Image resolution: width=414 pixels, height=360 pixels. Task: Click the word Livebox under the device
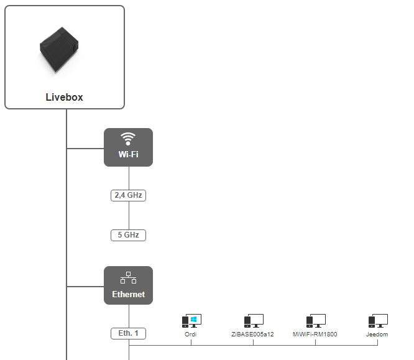coord(64,97)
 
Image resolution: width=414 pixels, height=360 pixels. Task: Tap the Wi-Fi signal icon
coord(128,138)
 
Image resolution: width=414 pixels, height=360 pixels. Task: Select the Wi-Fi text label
coord(128,154)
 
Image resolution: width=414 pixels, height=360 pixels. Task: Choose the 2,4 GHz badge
coord(128,195)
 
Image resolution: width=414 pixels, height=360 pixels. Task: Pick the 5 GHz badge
coord(128,235)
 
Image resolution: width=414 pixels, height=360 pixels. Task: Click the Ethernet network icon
coord(128,277)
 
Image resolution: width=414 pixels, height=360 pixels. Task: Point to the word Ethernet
coord(128,294)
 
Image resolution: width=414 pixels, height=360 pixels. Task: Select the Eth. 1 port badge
coord(128,333)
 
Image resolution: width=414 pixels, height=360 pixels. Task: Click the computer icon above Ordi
coord(191,321)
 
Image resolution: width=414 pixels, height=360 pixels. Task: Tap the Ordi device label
coord(191,335)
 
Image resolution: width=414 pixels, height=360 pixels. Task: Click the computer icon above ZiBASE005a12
coord(253,321)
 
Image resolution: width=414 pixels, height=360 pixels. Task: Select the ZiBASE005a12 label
coord(253,335)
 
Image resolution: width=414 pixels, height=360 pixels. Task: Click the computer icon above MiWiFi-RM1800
coord(315,321)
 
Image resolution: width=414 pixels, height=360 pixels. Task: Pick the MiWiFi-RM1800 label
coord(315,335)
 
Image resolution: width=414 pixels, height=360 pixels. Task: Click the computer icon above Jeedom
coord(377,321)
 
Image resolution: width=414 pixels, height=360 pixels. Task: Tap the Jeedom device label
coord(377,335)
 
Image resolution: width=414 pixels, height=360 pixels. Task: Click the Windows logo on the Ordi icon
coord(195,319)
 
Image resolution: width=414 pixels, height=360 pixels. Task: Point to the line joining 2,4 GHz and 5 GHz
coord(129,215)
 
